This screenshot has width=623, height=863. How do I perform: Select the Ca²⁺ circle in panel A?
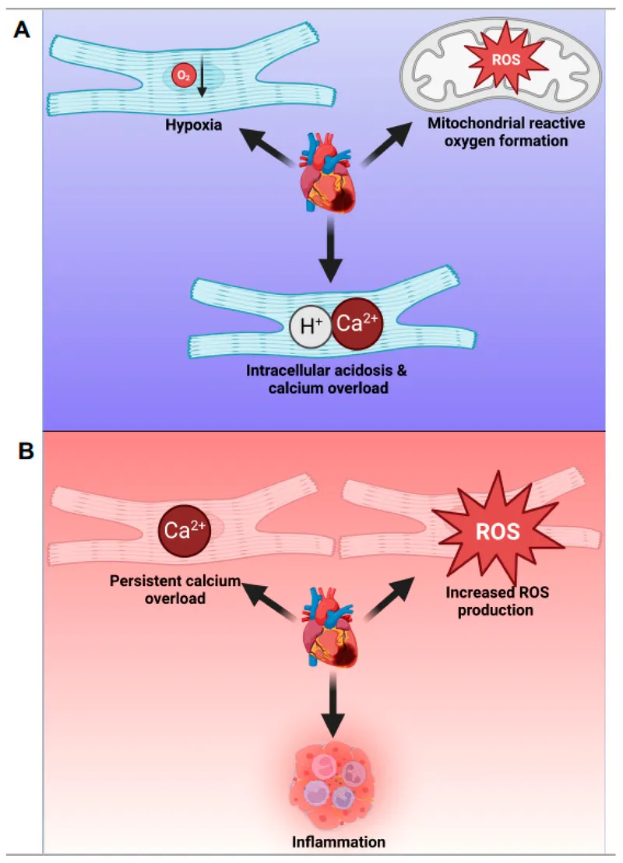(357, 323)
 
